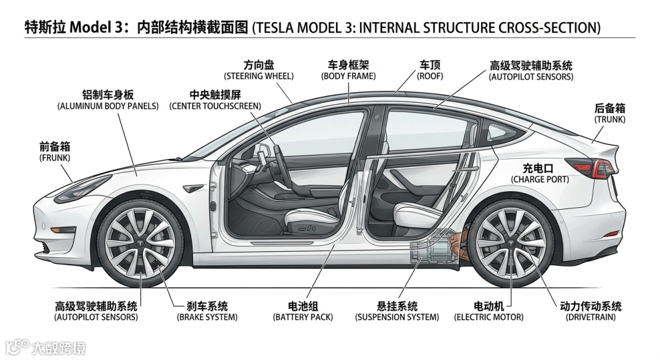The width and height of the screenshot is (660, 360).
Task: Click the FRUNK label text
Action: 54,158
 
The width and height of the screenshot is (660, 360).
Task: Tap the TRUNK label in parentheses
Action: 609,120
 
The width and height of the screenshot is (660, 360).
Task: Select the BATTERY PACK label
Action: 303,317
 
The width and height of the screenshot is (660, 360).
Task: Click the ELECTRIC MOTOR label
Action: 488,317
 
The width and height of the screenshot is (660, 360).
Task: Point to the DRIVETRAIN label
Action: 590,317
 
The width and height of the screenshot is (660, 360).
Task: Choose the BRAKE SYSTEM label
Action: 207,317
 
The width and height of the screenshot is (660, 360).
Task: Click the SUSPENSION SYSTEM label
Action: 397,317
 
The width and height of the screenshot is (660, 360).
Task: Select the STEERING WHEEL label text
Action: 258,76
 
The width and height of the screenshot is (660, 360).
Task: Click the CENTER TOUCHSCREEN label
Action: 215,106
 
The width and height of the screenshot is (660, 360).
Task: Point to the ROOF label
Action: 430,76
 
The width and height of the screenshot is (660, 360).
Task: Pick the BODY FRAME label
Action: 348,76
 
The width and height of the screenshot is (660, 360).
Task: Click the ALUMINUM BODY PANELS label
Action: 104,106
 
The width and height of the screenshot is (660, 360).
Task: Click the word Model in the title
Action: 90,28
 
